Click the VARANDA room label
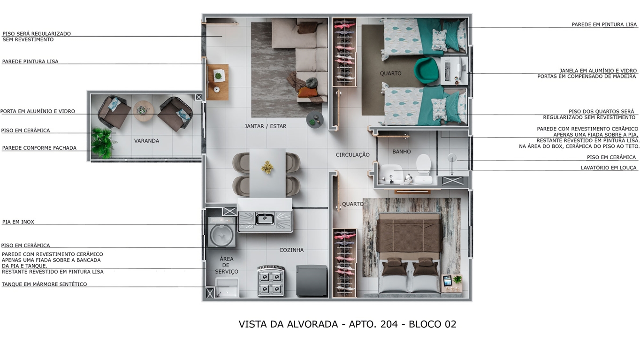tap(146, 140)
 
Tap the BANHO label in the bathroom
tap(402, 152)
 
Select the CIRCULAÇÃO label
tap(352, 155)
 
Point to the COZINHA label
tap(291, 250)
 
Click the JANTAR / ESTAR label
tap(266, 126)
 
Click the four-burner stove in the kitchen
tap(271, 281)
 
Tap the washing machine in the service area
tap(222, 232)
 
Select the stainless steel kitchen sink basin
tap(265, 219)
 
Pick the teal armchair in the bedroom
tap(427, 70)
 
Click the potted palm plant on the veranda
tap(102, 143)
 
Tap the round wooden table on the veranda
tap(143, 111)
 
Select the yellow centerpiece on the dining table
tap(267, 168)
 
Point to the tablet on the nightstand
tap(448, 280)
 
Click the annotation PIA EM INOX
tap(18, 222)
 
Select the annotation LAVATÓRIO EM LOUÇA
tap(609, 168)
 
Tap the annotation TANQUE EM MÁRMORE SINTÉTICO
tap(44, 284)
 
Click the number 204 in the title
tap(389, 324)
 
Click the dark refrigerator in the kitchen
tap(312, 281)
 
